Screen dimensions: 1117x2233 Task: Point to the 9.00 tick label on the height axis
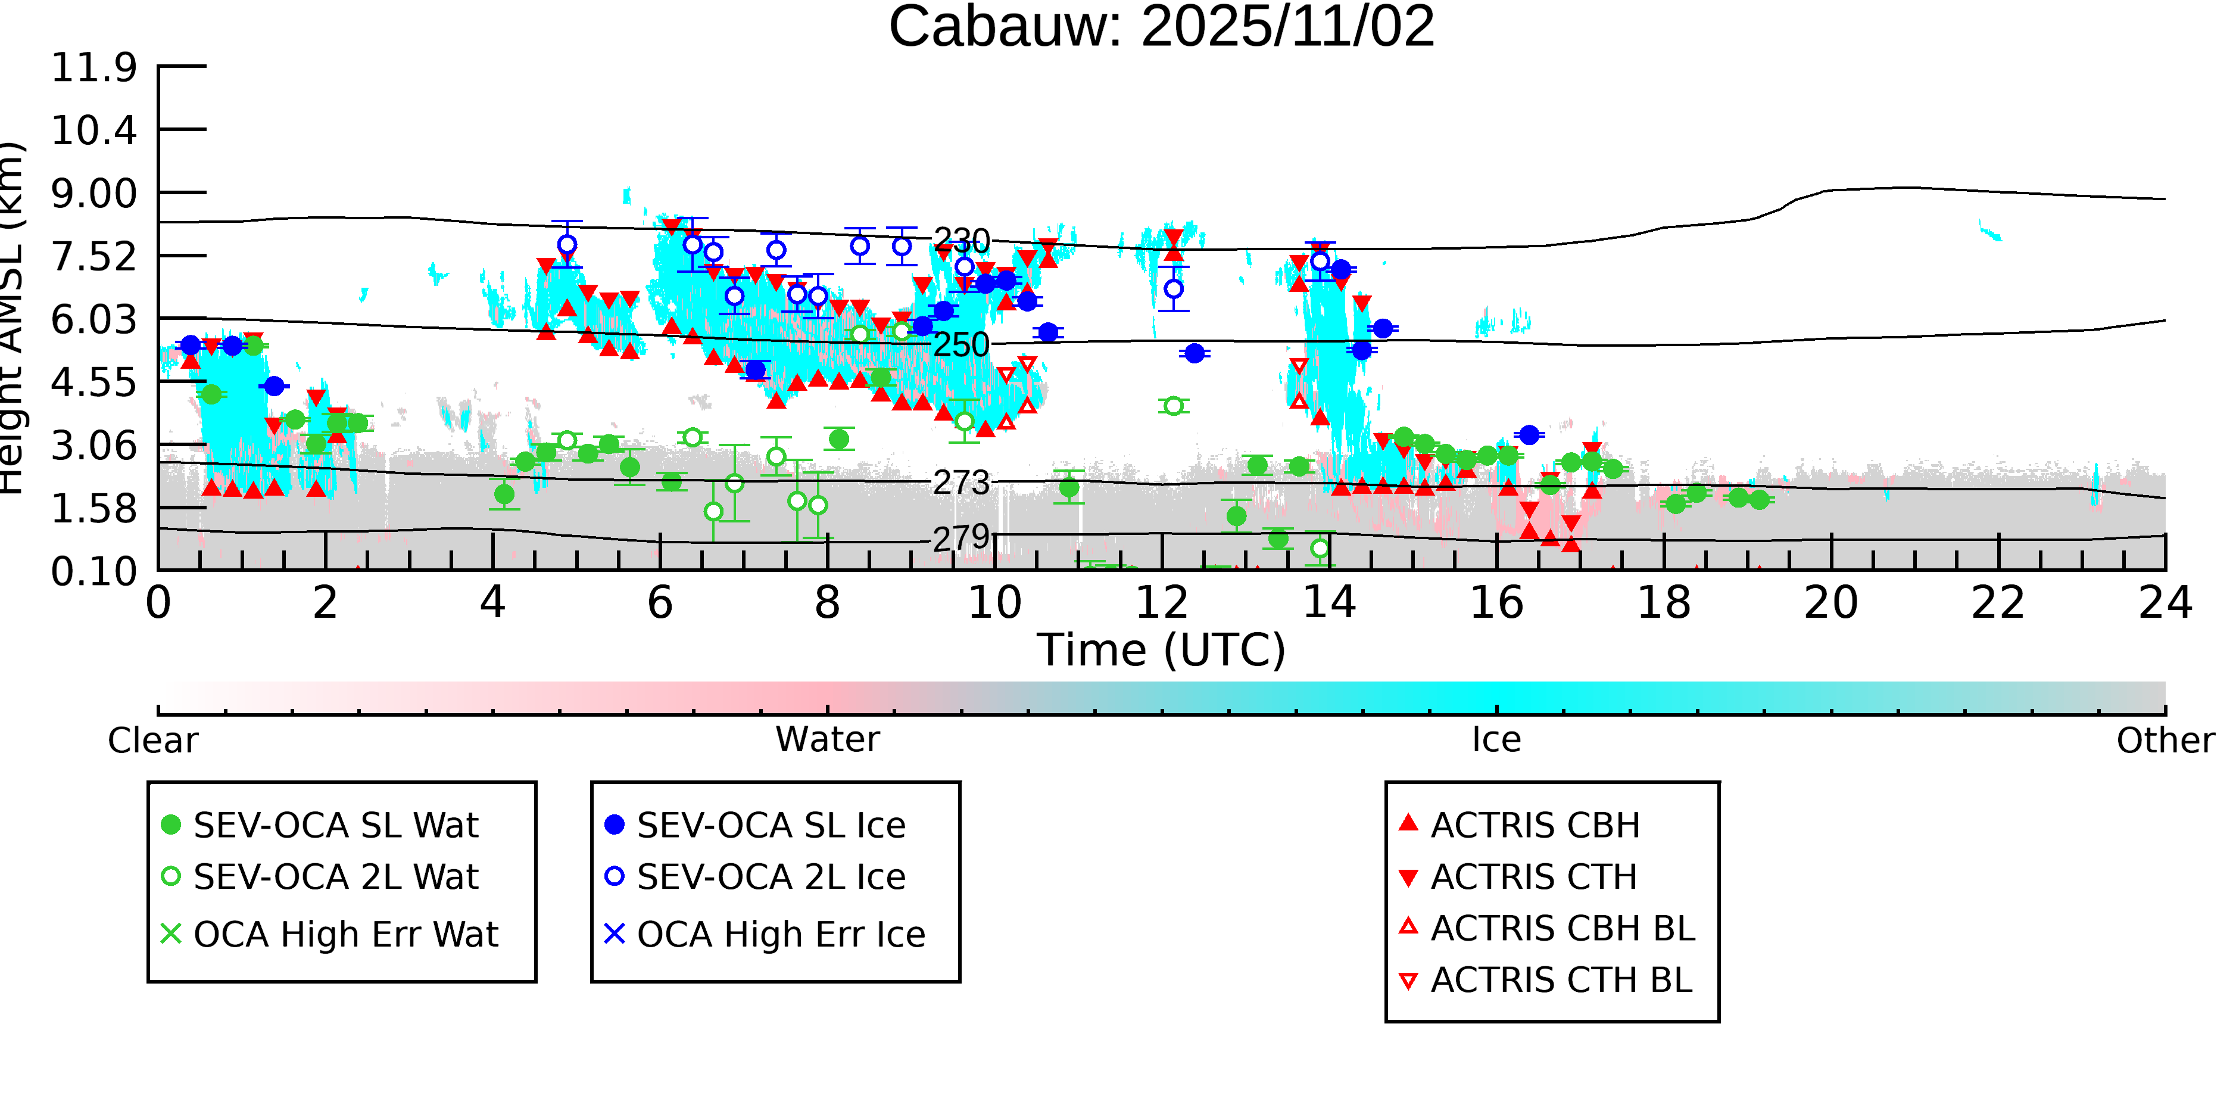[93, 194]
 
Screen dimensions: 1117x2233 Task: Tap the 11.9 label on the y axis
[93, 68]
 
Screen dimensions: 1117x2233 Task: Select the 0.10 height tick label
[93, 571]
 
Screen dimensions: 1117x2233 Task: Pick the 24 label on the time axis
[2165, 603]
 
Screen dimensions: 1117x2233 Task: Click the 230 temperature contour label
[960, 240]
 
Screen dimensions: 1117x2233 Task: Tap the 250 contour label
[960, 344]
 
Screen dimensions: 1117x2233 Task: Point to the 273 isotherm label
[960, 482]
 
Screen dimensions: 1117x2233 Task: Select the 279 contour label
[960, 538]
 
